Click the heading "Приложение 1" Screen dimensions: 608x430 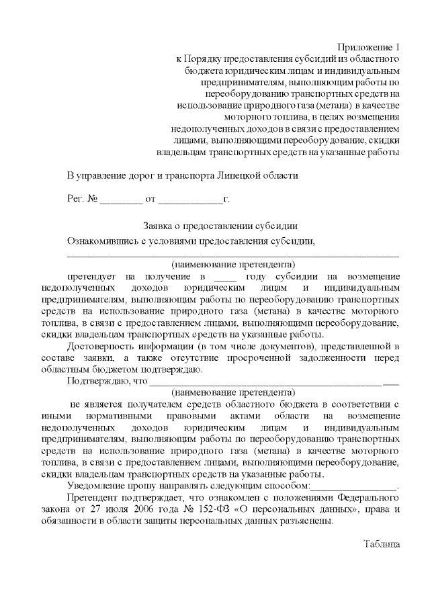(x=368, y=47)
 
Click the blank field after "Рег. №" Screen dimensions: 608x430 (x=122, y=200)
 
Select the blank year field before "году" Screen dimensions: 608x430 (x=224, y=276)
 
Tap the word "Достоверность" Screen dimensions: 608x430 (x=101, y=345)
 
